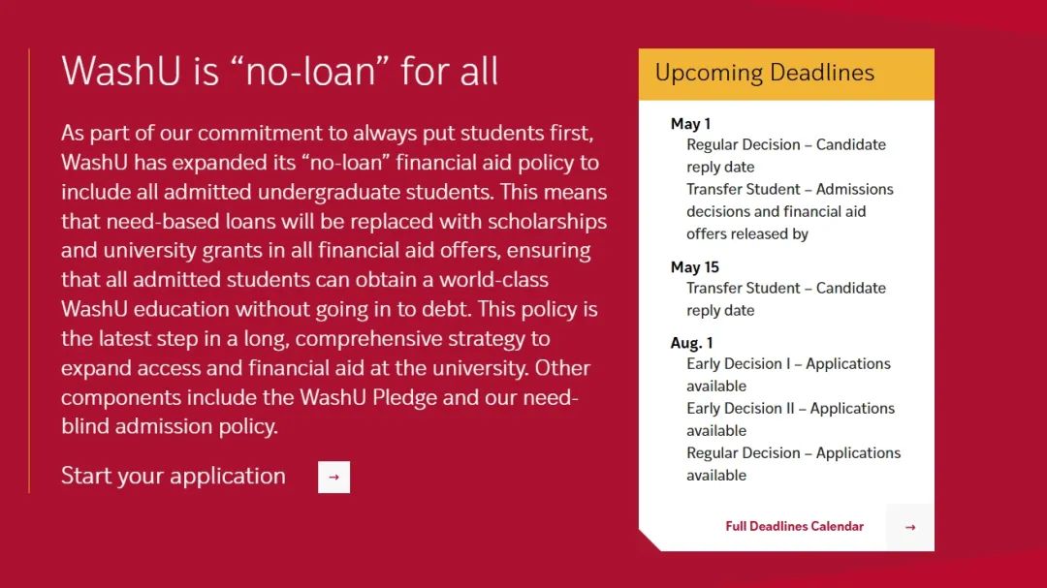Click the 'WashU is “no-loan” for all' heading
coord(280,71)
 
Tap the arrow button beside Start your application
coord(333,478)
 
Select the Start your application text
coord(174,476)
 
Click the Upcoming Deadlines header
coord(765,73)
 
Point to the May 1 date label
coord(690,123)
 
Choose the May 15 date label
coord(694,267)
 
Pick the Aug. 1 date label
coord(692,343)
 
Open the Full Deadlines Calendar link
coord(795,527)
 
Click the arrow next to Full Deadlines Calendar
coord(910,527)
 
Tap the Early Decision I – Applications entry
coord(788,363)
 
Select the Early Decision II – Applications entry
coord(791,409)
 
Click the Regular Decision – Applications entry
coord(794,453)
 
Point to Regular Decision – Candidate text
coord(786,145)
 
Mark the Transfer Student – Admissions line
coord(790,190)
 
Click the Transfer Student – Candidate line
coord(786,289)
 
